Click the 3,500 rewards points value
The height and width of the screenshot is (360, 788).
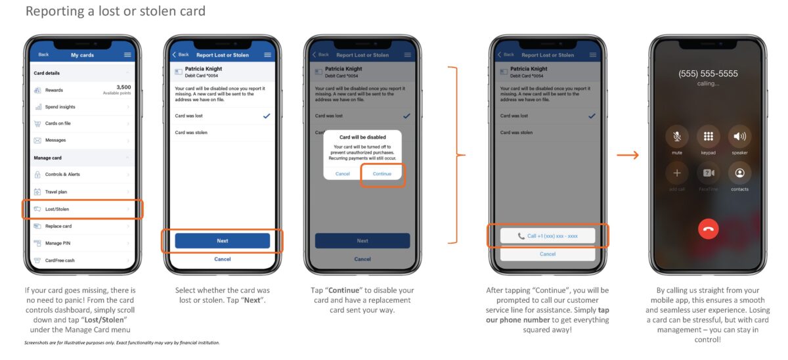coord(123,87)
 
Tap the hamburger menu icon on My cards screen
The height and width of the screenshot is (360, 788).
coord(127,55)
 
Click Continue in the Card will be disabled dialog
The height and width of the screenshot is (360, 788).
coord(382,174)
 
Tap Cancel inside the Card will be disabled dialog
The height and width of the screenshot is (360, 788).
coord(343,174)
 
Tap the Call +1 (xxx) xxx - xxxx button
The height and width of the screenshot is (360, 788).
coord(548,236)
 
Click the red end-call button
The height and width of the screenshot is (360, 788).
coord(708,229)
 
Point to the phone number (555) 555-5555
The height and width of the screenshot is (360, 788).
coord(708,74)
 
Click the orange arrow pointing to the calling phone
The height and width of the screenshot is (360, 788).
coord(628,156)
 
